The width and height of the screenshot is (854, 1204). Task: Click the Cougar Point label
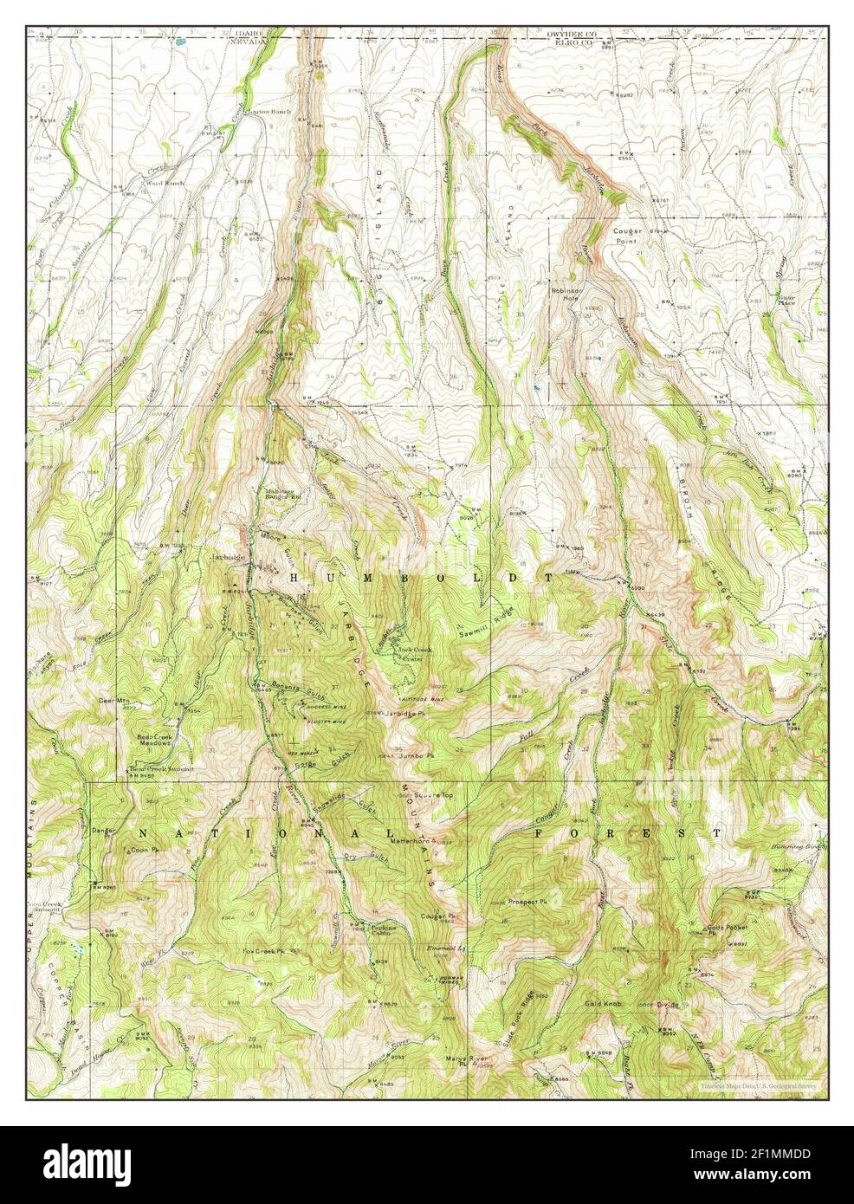tap(651, 236)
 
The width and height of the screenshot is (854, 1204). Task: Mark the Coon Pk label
tap(145, 851)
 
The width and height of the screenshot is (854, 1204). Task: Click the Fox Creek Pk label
tap(263, 951)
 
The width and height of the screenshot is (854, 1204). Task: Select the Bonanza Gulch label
tap(299, 684)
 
